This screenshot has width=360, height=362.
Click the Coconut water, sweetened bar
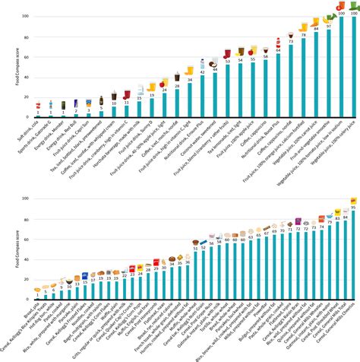click(x=215, y=95)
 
